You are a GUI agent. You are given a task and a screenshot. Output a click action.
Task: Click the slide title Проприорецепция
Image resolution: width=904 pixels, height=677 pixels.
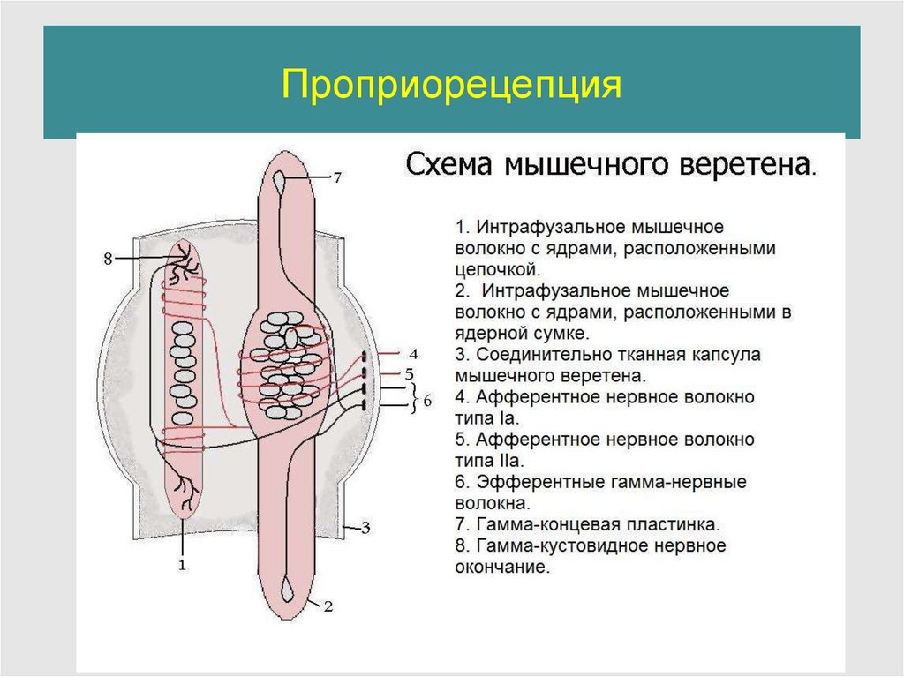tap(452, 86)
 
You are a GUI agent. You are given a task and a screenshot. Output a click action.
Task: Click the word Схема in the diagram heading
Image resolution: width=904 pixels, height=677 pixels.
tap(450, 165)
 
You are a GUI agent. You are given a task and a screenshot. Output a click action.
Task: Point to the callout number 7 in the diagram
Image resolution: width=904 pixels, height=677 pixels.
tap(336, 178)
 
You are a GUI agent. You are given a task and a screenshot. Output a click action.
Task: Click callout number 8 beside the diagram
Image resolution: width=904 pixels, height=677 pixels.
tap(108, 259)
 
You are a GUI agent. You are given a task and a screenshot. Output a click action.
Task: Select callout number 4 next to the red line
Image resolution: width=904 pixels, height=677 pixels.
tap(413, 354)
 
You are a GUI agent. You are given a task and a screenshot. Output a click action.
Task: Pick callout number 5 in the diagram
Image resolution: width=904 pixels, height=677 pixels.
tap(410, 373)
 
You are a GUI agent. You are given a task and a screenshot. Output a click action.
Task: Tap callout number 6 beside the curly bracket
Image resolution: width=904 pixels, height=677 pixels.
tap(427, 400)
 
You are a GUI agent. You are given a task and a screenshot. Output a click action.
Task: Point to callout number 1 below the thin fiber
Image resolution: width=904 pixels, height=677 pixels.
tap(183, 566)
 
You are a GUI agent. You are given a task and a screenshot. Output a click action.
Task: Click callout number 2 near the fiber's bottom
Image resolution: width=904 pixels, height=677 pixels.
tap(328, 606)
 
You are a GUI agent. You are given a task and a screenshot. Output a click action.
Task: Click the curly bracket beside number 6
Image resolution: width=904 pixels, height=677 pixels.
tap(412, 399)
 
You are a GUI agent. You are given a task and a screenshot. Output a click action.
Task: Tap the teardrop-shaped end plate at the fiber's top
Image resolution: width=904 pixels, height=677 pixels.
tap(281, 180)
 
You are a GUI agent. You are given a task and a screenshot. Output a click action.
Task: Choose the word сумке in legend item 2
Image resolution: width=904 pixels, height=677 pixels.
tap(562, 334)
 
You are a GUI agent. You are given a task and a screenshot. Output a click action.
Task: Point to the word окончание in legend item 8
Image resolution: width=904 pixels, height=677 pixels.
tap(501, 568)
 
